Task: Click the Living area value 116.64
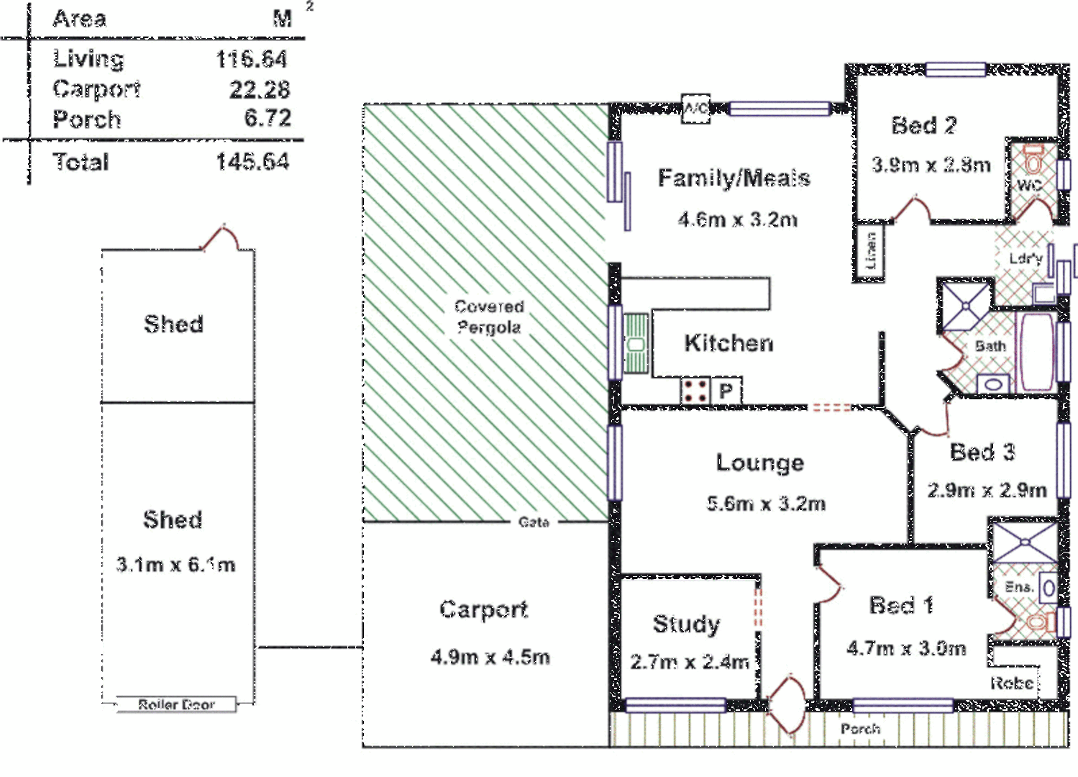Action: [251, 59]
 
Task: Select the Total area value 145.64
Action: [252, 162]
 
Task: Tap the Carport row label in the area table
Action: [96, 89]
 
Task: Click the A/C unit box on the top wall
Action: [695, 109]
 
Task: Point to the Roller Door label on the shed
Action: [176, 705]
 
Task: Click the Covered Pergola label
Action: [489, 317]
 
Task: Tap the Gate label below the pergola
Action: [534, 522]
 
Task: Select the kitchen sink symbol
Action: [636, 344]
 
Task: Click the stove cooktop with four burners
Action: [695, 391]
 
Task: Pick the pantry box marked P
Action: [726, 391]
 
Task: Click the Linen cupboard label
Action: [871, 251]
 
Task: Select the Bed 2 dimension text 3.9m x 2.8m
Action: [931, 165]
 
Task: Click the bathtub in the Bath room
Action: [1036, 351]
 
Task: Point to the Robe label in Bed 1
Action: [1012, 683]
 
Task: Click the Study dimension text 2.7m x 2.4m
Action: [690, 662]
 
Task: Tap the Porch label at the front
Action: [860, 730]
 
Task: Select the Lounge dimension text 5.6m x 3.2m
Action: [766, 504]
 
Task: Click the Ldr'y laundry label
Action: [1026, 259]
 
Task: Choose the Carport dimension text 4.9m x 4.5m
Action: [490, 657]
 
